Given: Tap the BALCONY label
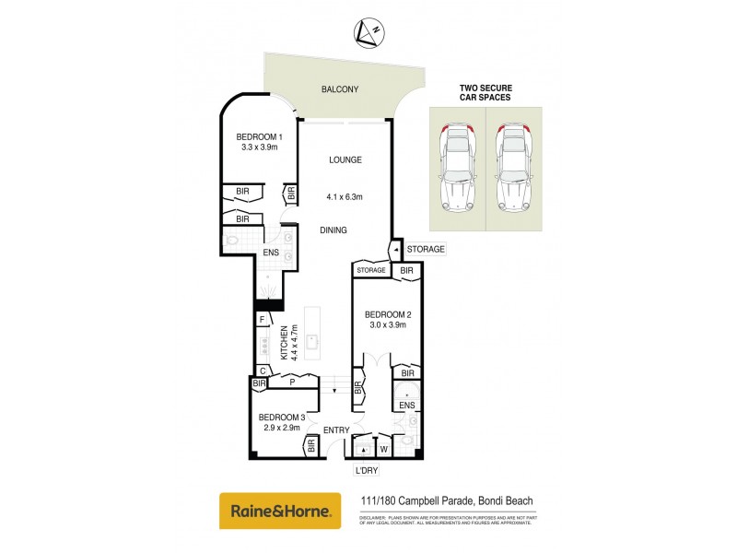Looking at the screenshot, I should pos(339,89).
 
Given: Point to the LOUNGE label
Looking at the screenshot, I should pos(345,159).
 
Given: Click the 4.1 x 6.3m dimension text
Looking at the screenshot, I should pos(345,196).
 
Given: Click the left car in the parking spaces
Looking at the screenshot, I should pos(458,166).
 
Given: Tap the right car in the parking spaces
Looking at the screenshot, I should pos(514,166).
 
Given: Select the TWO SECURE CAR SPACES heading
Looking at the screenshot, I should pos(485,94).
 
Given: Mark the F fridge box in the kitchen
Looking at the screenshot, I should pos(262,320).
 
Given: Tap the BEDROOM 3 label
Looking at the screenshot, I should pos(282,418).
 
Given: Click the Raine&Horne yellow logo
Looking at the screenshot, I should pos(274,510).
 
